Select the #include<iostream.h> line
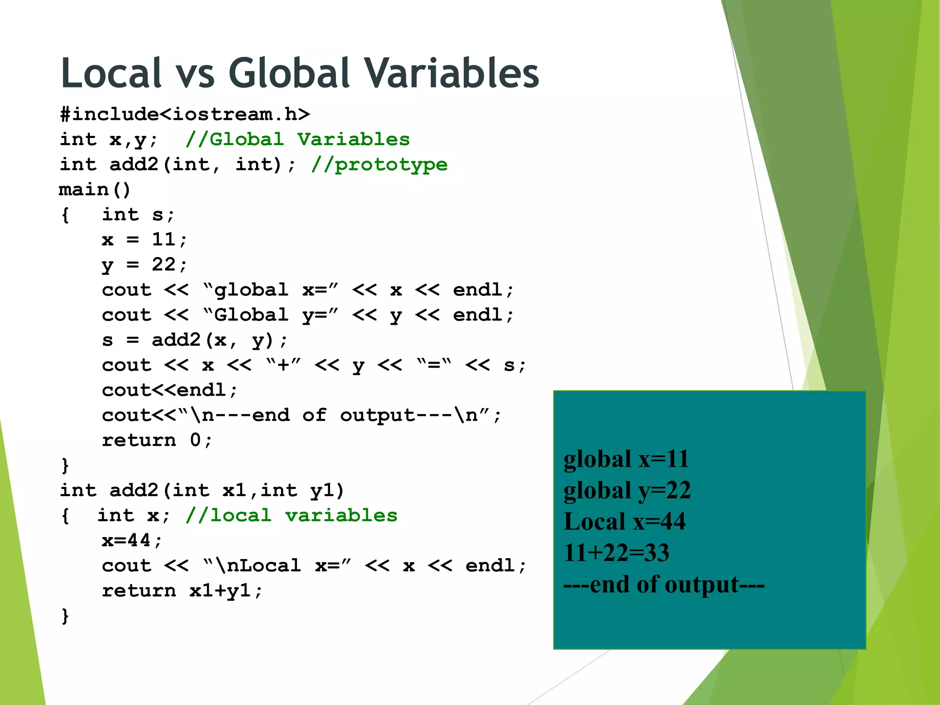pos(185,114)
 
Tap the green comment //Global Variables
pos(297,140)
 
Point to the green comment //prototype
pos(379,165)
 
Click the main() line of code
pos(95,190)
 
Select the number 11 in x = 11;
pos(163,240)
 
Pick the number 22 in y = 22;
pos(163,265)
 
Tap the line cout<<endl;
pos(169,390)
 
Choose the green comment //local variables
pos(291,515)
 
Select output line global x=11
pos(626,459)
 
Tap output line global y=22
pos(627,490)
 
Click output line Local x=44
pos(625,521)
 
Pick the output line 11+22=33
pos(616,553)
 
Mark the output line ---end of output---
pos(664,584)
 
